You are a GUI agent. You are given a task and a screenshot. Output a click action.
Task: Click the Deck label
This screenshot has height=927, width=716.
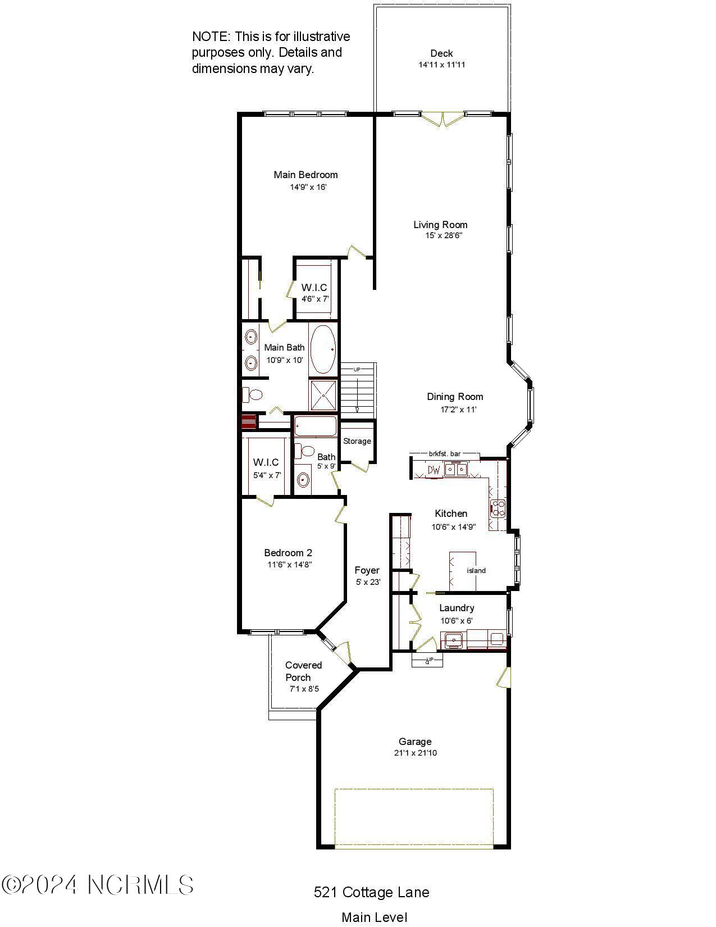[x=441, y=53]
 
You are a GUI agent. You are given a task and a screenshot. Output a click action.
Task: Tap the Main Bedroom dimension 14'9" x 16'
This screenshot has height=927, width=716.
[x=308, y=187]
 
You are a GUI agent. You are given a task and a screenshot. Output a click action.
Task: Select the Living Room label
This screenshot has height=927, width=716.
[x=440, y=225]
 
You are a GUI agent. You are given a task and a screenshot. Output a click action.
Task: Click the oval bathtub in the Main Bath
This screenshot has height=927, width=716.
[x=323, y=349]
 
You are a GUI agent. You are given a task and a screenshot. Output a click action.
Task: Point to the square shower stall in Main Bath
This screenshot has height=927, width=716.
[x=323, y=395]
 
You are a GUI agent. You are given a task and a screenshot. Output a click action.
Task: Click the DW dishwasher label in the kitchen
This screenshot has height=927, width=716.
[x=434, y=470]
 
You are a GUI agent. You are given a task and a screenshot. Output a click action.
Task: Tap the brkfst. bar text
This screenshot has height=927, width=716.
[x=445, y=453]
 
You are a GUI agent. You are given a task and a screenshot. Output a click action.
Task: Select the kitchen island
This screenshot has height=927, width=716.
[x=463, y=571]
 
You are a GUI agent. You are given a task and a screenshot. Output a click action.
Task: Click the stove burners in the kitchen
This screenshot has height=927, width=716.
[x=498, y=508]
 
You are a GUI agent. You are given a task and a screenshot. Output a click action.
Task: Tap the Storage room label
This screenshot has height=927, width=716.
[x=357, y=441]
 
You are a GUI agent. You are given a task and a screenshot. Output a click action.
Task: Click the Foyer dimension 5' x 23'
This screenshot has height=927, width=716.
[x=368, y=583]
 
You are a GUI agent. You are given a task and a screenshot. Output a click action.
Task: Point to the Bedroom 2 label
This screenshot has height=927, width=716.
[x=288, y=553]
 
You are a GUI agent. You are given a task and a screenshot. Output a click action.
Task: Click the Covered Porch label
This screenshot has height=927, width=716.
[x=303, y=671]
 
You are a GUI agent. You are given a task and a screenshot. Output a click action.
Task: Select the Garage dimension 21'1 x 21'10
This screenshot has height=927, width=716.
[x=415, y=753]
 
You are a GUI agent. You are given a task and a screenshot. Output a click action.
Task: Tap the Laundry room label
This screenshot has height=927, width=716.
[x=457, y=608]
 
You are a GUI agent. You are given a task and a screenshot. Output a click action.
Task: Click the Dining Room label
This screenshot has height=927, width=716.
[x=455, y=397]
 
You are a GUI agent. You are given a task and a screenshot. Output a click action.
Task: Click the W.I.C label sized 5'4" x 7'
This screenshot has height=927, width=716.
[x=266, y=462]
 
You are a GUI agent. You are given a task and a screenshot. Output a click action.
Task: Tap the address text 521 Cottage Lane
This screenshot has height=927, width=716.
[x=371, y=892]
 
